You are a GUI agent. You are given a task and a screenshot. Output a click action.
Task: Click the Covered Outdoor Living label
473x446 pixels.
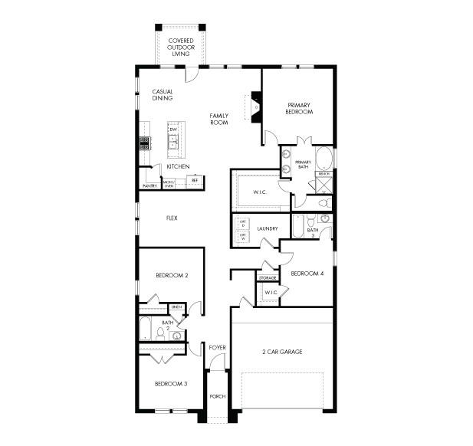click(x=181, y=47)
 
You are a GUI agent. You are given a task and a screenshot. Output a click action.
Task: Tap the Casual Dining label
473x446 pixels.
click(x=162, y=95)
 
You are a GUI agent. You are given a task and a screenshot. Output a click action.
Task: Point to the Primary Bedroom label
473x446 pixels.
click(x=300, y=108)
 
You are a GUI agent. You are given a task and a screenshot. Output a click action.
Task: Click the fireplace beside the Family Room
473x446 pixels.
click(x=255, y=107)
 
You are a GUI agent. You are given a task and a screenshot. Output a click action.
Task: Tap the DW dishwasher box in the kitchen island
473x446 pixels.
click(x=174, y=130)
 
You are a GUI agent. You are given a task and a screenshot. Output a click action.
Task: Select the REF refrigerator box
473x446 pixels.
click(x=195, y=181)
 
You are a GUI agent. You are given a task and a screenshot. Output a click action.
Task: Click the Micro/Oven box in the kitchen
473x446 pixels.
click(x=169, y=183)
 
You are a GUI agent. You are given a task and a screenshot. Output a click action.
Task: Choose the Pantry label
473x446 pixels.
click(x=149, y=185)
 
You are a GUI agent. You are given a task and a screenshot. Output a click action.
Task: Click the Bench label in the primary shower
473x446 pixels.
click(x=324, y=175)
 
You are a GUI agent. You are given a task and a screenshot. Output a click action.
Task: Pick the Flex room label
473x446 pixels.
click(x=172, y=218)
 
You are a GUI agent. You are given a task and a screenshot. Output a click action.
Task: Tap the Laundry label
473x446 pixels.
click(x=267, y=228)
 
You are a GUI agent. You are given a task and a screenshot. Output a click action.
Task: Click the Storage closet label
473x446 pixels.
click(x=268, y=277)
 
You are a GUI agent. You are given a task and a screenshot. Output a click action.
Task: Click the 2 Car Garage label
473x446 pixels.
click(x=282, y=352)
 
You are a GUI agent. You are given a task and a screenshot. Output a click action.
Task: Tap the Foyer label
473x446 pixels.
click(x=217, y=347)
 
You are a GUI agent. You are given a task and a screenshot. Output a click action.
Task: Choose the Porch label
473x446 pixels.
click(x=217, y=396)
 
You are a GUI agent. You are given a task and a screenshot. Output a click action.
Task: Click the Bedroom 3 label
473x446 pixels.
click(x=171, y=383)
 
